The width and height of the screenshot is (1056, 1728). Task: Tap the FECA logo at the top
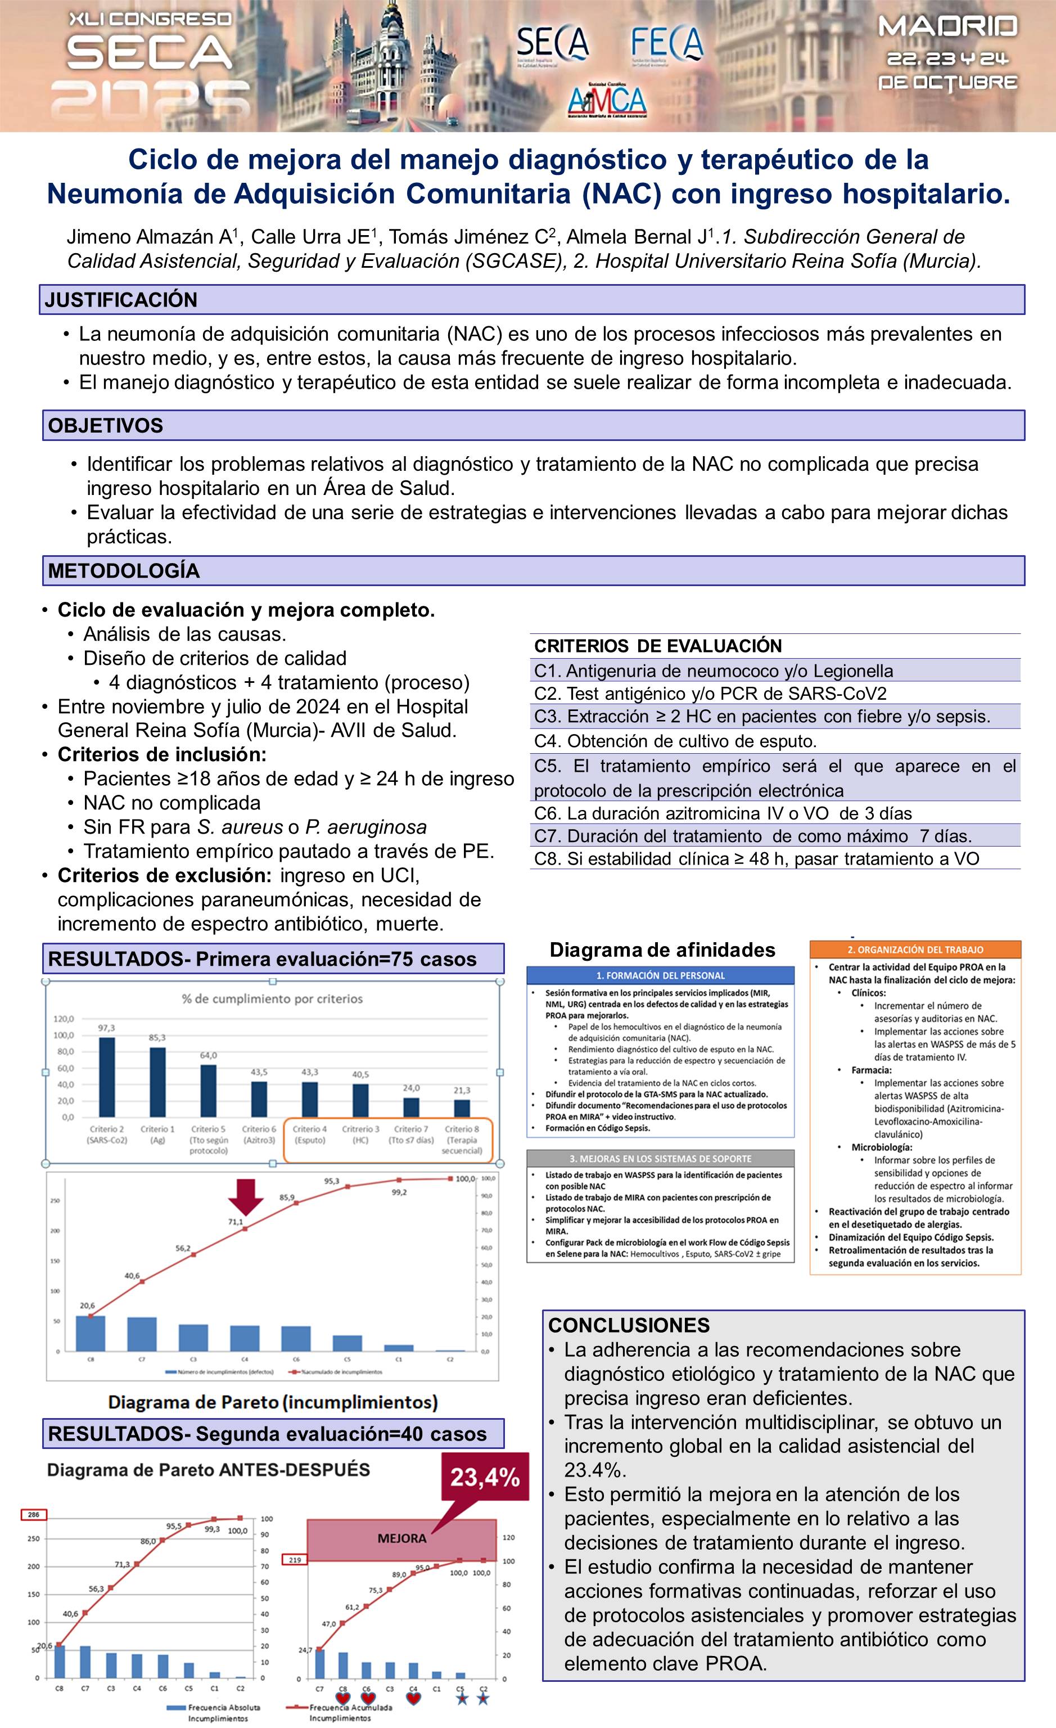click(666, 43)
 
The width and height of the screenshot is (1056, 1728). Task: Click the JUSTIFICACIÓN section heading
click(121, 300)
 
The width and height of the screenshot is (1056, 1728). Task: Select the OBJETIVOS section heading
click(105, 426)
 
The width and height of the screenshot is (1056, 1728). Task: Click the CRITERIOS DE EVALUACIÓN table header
click(658, 646)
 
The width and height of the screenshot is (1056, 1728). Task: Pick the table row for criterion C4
click(775, 741)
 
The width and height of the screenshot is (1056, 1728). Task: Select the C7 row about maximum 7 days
click(775, 836)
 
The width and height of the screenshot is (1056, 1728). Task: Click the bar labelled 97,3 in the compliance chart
click(107, 1077)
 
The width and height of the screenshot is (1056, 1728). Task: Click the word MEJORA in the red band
click(402, 1538)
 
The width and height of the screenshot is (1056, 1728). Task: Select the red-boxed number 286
click(33, 1515)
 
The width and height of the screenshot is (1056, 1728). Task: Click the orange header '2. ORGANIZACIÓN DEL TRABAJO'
click(915, 949)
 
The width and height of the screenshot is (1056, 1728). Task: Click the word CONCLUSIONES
click(629, 1325)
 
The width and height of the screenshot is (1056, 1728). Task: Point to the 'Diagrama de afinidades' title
click(662, 949)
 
